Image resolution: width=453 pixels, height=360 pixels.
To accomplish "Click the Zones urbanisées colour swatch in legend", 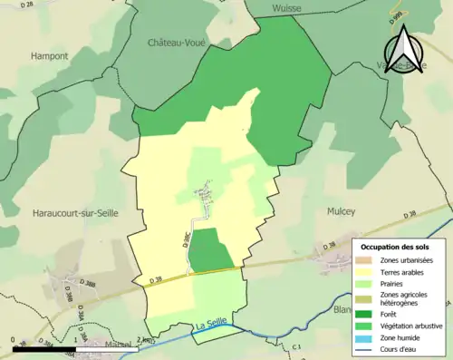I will click(x=367, y=261).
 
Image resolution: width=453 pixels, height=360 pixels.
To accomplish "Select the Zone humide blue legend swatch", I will click(x=367, y=338).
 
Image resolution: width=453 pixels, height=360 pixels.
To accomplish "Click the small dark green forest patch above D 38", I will click(x=210, y=250).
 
